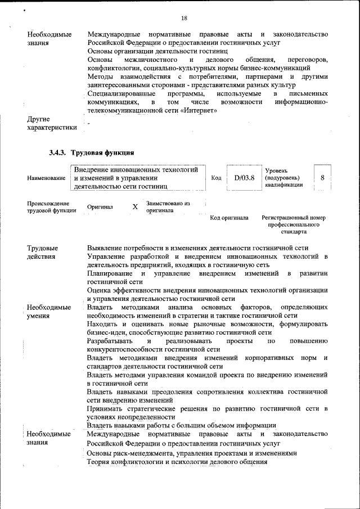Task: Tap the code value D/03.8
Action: click(244, 178)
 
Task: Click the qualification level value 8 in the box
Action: click(322, 178)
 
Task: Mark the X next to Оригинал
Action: click(135, 207)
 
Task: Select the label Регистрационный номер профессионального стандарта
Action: click(294, 224)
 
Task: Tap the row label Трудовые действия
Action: click(43, 252)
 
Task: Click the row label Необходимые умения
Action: click(49, 312)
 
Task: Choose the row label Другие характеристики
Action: click(51, 123)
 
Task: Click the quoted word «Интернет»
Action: click(199, 111)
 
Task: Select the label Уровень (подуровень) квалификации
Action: click(285, 178)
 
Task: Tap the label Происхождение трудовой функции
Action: click(48, 207)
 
